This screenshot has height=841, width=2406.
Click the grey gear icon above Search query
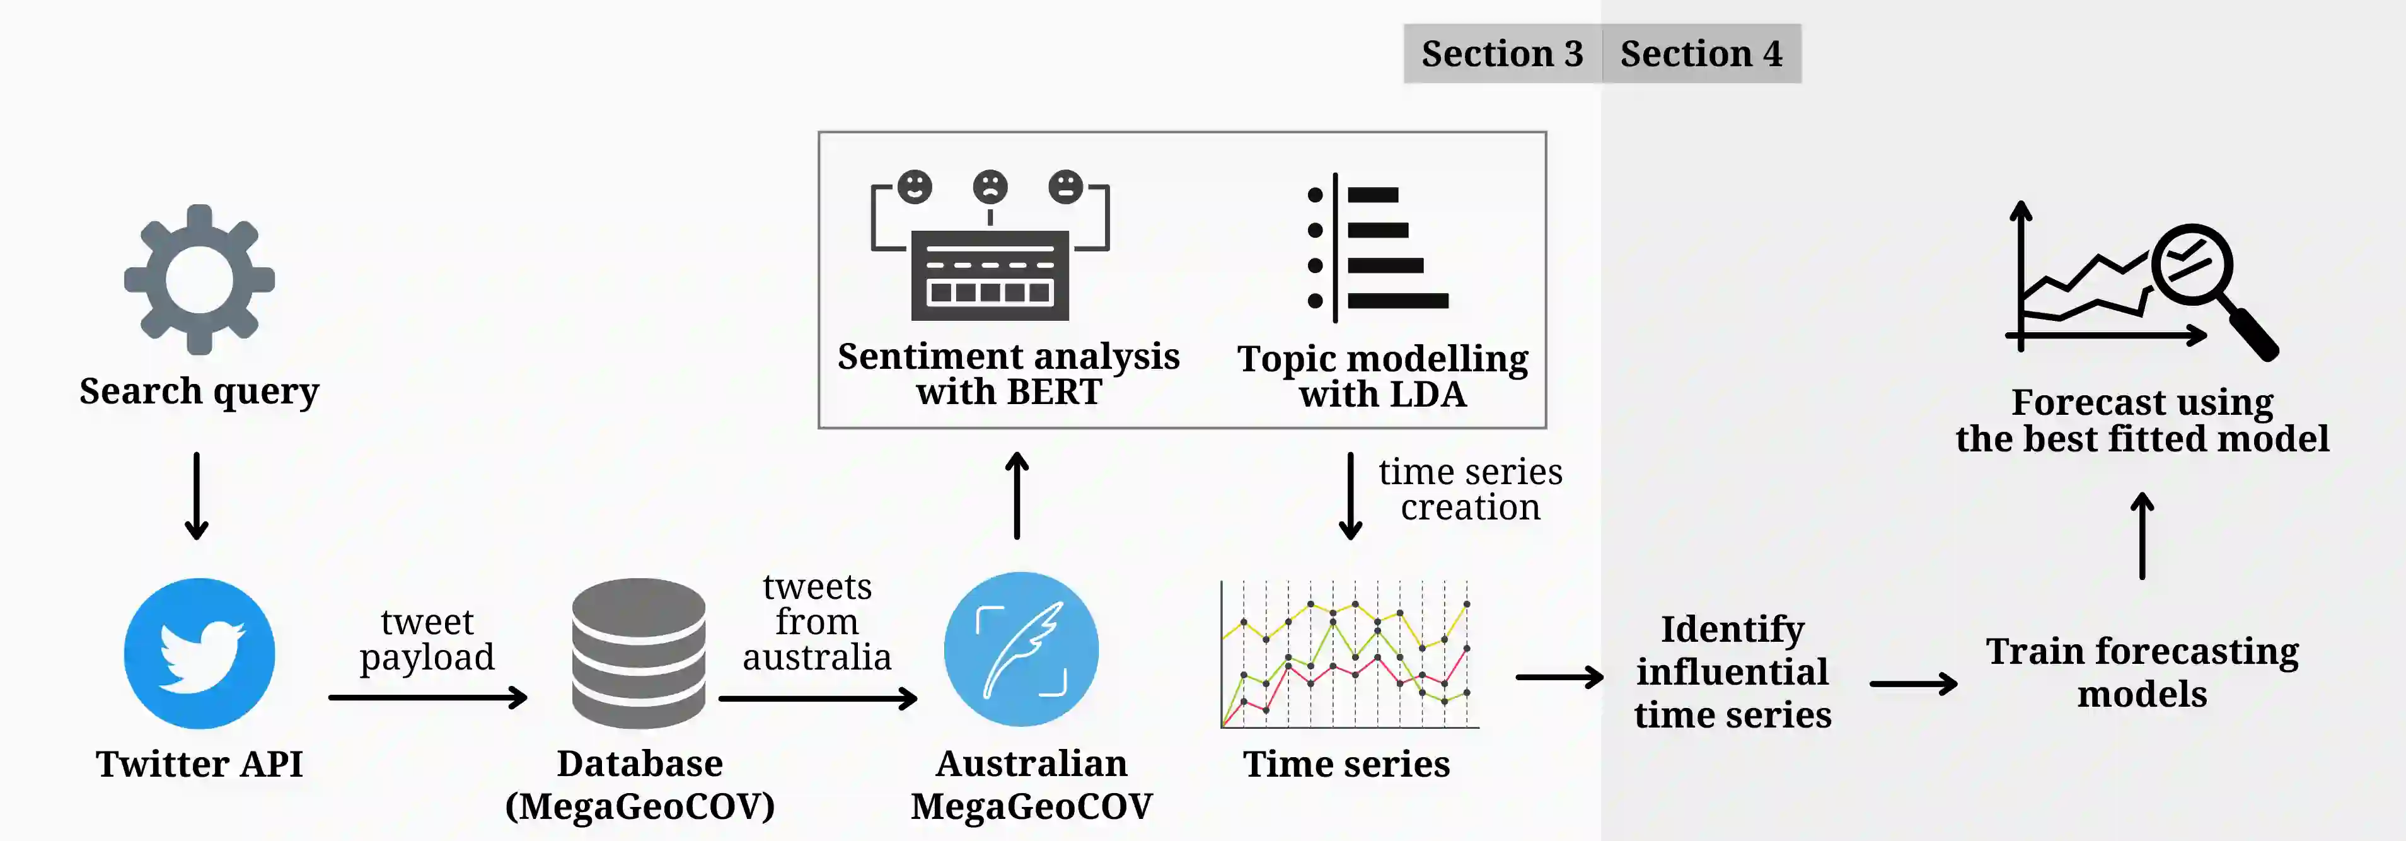[x=199, y=279]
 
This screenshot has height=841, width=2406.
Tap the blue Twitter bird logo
[x=199, y=653]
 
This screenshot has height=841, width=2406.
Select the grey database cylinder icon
[x=639, y=652]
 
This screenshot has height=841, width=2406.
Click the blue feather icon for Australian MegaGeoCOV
[x=1021, y=649]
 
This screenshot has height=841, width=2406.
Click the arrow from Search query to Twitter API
[x=196, y=496]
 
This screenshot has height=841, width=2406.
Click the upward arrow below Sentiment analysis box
[x=1017, y=496]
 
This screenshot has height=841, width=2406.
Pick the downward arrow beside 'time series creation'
[x=1350, y=496]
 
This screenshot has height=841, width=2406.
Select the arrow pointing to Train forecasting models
[x=1913, y=684]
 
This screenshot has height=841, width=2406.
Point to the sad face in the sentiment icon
[x=990, y=187]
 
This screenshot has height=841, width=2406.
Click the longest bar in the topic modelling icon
[x=1397, y=301]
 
